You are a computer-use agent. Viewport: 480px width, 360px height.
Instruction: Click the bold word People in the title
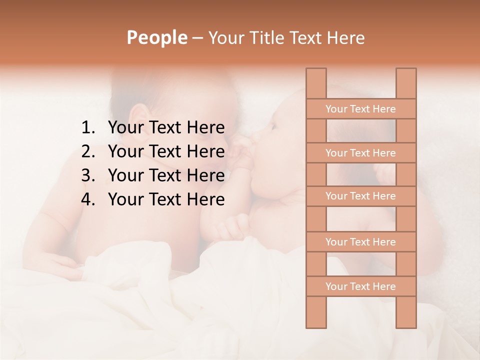point(157,37)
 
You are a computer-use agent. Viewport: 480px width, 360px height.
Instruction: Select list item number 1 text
point(166,128)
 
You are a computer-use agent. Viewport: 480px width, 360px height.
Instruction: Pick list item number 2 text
point(166,151)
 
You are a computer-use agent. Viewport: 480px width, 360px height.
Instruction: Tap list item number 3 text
point(166,175)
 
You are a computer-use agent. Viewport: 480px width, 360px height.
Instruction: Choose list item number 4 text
point(166,199)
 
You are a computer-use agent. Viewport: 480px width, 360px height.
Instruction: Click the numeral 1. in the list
point(87,128)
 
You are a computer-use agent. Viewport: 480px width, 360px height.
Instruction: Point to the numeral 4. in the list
point(87,199)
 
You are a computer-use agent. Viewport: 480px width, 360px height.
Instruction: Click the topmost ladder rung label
point(360,109)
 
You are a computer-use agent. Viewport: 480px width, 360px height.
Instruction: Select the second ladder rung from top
point(360,153)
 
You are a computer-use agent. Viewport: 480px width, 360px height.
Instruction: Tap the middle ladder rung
point(360,196)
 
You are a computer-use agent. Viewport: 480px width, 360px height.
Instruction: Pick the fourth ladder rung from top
point(360,242)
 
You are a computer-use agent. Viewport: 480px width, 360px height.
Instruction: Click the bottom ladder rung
point(360,286)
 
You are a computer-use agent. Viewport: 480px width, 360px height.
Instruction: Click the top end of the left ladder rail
point(316,71)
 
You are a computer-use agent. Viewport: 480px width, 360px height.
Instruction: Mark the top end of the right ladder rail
point(406,71)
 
